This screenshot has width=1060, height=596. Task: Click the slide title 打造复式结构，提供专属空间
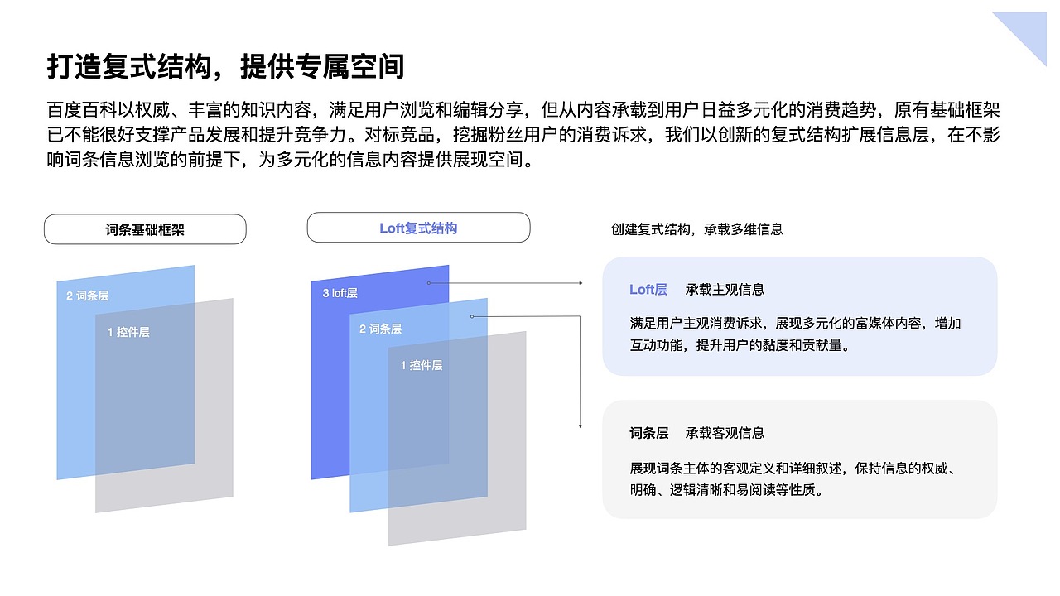(225, 66)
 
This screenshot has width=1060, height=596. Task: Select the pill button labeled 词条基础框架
(145, 229)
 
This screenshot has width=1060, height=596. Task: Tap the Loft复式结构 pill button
(418, 228)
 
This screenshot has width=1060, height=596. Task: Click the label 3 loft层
(340, 292)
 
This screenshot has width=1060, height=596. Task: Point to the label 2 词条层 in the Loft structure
(380, 329)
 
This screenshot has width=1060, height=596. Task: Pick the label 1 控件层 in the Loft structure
(422, 365)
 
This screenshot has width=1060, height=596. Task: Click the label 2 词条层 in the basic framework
(88, 296)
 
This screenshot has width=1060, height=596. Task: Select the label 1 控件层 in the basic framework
(128, 332)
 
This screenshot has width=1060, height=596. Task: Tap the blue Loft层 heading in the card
(648, 290)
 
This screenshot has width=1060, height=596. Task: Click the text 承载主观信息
(725, 290)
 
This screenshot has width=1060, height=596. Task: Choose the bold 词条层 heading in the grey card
(648, 433)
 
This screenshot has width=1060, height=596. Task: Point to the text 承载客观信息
(725, 433)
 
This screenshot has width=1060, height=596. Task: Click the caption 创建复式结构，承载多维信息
(696, 229)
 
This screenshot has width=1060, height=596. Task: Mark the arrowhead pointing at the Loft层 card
(581, 283)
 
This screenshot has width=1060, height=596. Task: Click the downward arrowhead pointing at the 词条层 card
(580, 425)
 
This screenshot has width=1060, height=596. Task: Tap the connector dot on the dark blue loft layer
(428, 283)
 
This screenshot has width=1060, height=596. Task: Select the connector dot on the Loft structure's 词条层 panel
(472, 316)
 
